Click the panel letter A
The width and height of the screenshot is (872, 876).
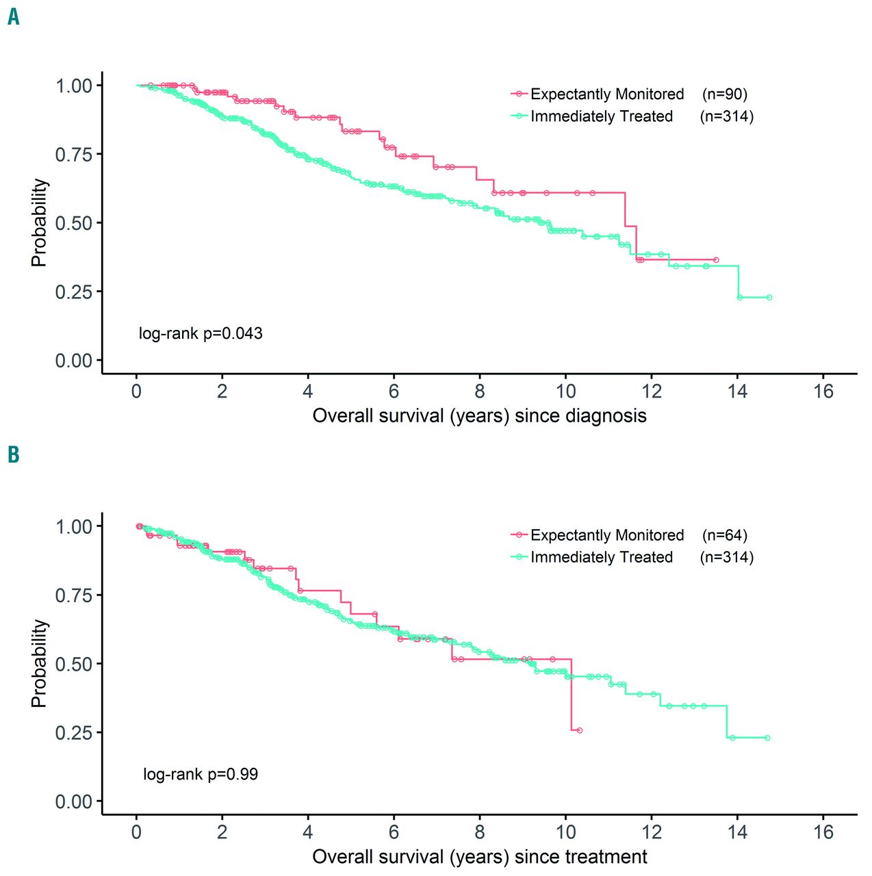(14, 16)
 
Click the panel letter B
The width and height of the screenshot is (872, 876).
(14, 455)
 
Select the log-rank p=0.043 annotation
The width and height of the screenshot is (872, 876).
(201, 333)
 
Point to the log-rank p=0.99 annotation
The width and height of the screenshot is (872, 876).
(201, 774)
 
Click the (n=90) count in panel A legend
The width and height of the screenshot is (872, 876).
(725, 94)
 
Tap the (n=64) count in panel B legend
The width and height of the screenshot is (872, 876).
(725, 535)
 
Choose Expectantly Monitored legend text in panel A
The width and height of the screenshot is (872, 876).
(607, 94)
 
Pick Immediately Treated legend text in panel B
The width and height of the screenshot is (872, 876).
(602, 557)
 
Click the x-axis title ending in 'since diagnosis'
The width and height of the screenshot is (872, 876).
(479, 415)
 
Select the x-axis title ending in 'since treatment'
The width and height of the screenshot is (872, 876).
(479, 856)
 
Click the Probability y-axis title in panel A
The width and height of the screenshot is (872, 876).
(39, 222)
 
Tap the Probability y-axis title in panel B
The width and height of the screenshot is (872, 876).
(39, 663)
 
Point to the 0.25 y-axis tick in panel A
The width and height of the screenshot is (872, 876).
(74, 292)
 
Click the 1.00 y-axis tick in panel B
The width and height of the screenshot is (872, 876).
(74, 526)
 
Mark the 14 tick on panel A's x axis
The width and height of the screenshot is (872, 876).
(738, 391)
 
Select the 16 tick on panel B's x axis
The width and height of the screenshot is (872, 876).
(823, 832)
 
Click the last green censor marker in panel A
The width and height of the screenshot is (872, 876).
(769, 298)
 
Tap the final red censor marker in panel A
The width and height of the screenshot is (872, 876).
(716, 260)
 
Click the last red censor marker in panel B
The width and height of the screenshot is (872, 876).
(580, 731)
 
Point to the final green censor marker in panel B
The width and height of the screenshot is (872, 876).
(767, 738)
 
